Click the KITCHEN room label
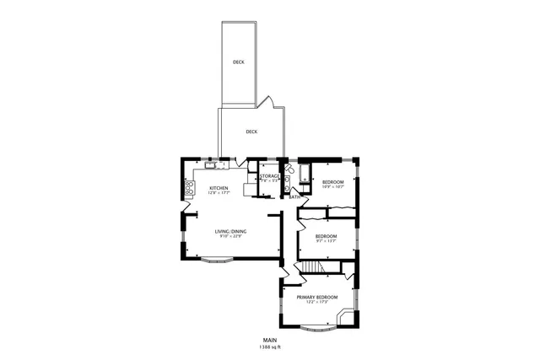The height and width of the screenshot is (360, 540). pos(219,187)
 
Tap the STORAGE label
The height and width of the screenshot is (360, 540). pos(269,175)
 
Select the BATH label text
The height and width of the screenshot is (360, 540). pos(294,196)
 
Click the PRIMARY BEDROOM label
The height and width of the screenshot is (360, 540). pos(316,297)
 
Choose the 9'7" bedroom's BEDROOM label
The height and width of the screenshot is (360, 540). pos(326,235)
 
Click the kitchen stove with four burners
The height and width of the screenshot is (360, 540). pos(188,188)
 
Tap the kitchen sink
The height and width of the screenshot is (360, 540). pos(210,165)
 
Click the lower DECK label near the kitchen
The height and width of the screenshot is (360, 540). pos(251,132)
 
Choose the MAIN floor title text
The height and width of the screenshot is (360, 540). pos(270,340)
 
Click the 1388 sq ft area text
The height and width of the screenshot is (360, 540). pos(270,347)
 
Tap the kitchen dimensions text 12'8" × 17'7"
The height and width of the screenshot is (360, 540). pos(219,193)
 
